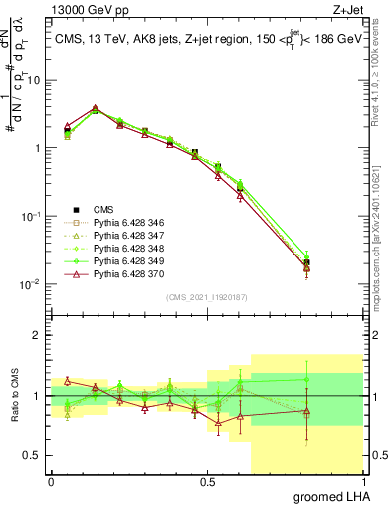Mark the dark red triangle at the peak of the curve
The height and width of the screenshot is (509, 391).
[96, 108]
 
